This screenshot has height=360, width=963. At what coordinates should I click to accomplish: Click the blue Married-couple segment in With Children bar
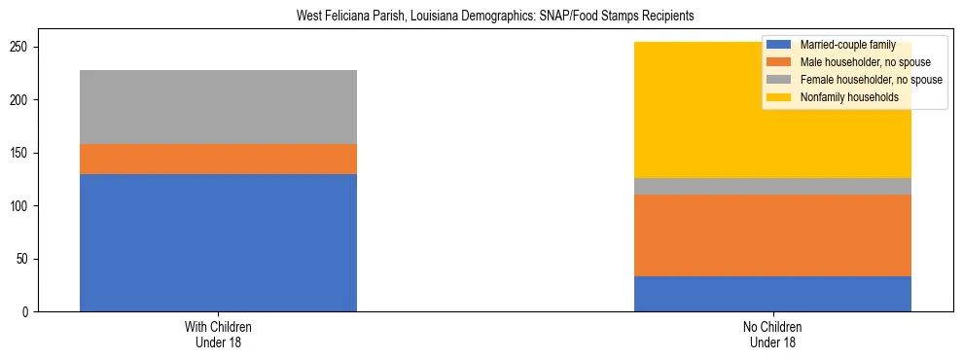218,242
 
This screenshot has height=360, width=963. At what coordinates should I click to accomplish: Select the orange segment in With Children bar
218,159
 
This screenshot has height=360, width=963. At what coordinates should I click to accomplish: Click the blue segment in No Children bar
772,294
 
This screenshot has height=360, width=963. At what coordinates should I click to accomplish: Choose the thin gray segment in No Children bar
772,186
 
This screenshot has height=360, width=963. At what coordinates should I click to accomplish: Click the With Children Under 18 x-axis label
218,335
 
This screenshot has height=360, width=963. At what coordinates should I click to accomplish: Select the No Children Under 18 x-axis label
772,335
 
